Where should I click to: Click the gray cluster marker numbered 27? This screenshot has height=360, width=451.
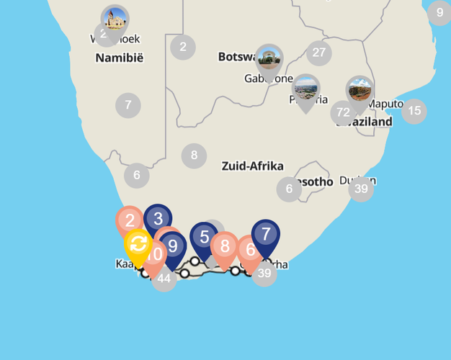click(319, 53)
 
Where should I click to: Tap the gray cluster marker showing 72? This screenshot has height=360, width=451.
click(343, 112)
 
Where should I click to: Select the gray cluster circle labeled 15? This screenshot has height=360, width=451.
click(414, 111)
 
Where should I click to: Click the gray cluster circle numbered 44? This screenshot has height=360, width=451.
click(164, 278)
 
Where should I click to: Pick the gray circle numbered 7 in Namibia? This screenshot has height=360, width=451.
click(128, 105)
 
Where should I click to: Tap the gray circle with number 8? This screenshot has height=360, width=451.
click(194, 155)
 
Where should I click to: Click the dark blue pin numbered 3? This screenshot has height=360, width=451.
click(158, 217)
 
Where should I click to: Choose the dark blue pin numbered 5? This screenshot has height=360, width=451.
click(205, 236)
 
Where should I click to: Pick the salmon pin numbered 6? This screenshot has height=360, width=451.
click(250, 250)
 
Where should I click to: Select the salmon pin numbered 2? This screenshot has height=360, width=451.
click(130, 220)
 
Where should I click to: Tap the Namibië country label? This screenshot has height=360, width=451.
click(120, 58)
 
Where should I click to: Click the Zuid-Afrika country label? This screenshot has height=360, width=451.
click(252, 166)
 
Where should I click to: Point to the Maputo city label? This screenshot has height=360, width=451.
click(385, 104)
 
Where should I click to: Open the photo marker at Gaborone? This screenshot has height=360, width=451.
click(269, 58)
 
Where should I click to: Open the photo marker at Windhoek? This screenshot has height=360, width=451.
click(115, 19)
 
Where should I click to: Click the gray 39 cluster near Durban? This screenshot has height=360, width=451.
click(361, 189)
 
